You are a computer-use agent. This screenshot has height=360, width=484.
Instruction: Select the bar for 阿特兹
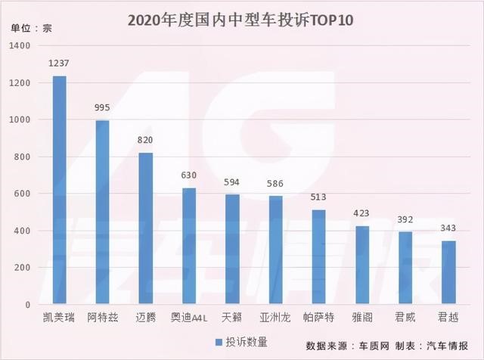102,213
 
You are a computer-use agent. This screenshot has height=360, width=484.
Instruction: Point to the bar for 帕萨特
318,257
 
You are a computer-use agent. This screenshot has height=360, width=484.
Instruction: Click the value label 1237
59,64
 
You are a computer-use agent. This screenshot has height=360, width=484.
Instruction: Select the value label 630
189,175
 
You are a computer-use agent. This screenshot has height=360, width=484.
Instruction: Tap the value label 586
275,184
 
